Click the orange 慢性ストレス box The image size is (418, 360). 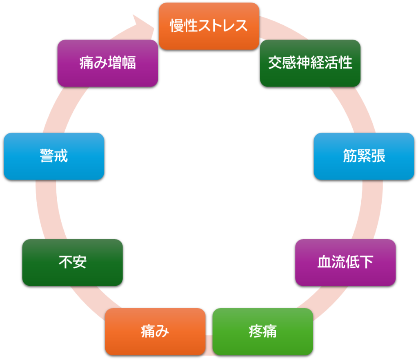tap(209, 26)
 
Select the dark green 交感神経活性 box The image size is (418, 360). tap(310, 63)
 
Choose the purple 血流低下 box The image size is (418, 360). tap(345, 262)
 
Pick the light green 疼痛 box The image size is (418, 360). tap(262, 331)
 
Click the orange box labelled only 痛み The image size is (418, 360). tap(155, 331)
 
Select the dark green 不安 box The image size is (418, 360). tap(72, 262)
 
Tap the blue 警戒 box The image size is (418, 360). tap(54, 156)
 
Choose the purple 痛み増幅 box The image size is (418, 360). tap(107, 63)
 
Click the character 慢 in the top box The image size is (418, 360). tap(177, 26)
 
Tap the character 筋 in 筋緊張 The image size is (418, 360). tap(350, 156)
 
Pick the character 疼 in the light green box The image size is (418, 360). tap(256, 331)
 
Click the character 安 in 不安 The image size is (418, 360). tap(80, 262)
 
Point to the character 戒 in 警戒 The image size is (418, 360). tap(61, 156)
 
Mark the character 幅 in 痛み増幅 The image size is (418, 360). tap(129, 63)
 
